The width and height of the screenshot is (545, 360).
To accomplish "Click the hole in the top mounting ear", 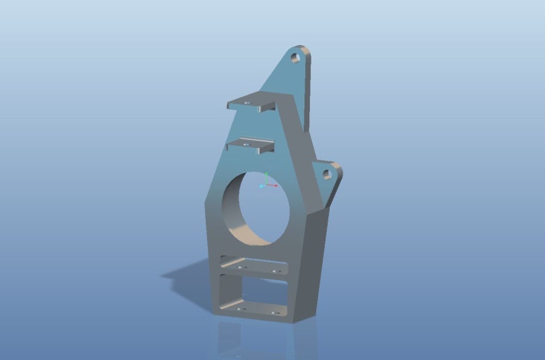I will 296,57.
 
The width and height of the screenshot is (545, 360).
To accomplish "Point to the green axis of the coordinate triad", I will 267,176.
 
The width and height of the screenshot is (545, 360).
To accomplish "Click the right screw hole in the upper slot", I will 275,271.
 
